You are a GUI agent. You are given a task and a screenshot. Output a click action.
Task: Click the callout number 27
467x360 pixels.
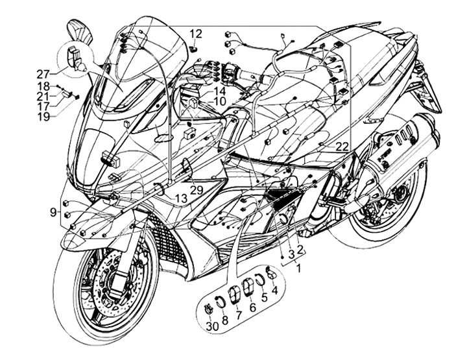pyautogui.click(x=43, y=73)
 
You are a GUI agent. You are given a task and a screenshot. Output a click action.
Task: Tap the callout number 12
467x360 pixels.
pyautogui.click(x=196, y=34)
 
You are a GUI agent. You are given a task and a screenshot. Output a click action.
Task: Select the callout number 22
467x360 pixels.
pyautogui.click(x=342, y=147)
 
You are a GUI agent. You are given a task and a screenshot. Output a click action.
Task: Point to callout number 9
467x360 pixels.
pyautogui.click(x=53, y=212)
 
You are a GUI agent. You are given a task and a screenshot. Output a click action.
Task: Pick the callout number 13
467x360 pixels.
pyautogui.click(x=181, y=197)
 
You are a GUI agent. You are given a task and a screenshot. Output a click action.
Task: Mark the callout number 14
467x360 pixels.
pyautogui.click(x=219, y=91)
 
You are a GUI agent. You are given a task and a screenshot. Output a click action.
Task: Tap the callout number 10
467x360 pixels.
pyautogui.click(x=219, y=102)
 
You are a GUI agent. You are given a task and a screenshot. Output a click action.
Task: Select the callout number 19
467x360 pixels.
pyautogui.click(x=43, y=117)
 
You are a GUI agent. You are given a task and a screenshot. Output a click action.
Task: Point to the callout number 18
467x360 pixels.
pyautogui.click(x=43, y=86)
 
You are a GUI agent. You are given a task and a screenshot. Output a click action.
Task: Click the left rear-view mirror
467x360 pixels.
pyautogui.click(x=77, y=31)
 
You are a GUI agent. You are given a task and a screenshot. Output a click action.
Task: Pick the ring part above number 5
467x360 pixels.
pyautogui.click(x=259, y=280)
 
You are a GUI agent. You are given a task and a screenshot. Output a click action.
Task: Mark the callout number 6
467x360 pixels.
pyautogui.click(x=252, y=307)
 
